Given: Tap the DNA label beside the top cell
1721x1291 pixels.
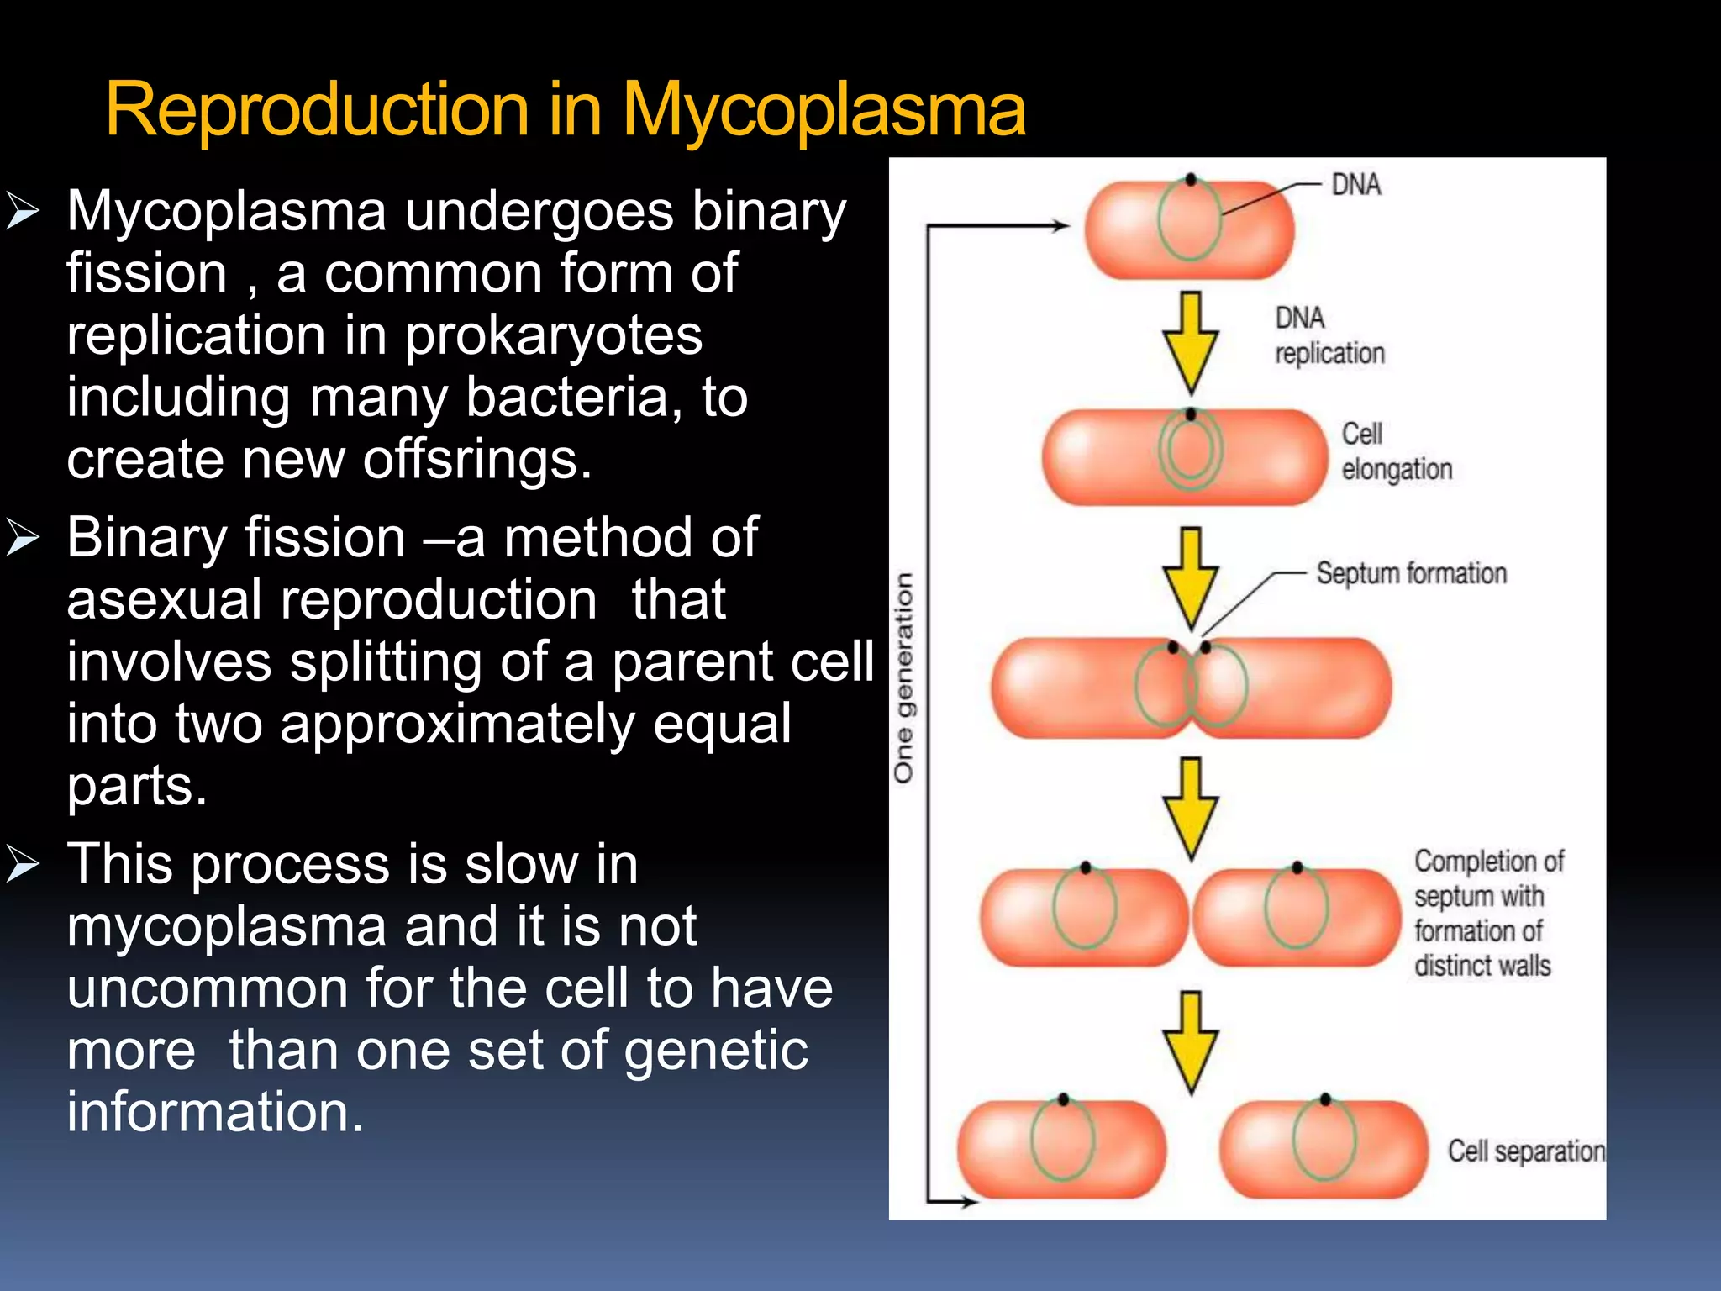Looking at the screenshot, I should pos(1355,184).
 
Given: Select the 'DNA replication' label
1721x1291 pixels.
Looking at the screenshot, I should pos(1329,335).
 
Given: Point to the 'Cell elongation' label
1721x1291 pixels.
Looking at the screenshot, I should pos(1396,451).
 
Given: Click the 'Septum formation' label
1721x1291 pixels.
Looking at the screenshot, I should pos(1411,573).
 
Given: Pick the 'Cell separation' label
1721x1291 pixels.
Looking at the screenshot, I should pos(1525,1151).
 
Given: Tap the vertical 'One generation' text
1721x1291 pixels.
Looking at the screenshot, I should pos(903,677).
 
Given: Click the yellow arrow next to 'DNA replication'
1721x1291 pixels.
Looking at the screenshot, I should pos(1190,342).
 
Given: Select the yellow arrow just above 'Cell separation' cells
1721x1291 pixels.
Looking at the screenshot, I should pos(1190,1042).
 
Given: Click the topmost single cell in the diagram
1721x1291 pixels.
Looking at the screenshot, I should pos(1188,229).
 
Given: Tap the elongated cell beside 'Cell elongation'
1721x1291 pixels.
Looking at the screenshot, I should pos(1183,457).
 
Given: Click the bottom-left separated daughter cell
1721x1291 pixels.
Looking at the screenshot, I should pos(1061,1148).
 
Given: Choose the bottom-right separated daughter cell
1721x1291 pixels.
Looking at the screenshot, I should pos(1324,1148).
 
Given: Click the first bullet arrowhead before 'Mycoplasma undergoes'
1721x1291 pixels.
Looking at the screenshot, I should pos(23,211).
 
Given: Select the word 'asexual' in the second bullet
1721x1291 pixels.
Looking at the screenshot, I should pos(164,600).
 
